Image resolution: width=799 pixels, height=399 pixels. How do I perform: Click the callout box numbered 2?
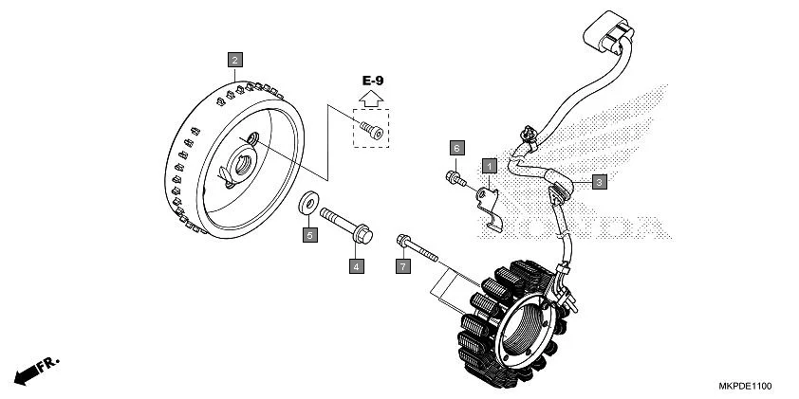coord(234,59)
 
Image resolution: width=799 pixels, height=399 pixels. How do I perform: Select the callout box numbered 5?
coord(309,234)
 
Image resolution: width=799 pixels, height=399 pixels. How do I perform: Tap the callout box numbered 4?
coord(357,266)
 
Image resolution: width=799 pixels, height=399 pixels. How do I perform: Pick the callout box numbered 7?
coord(402,267)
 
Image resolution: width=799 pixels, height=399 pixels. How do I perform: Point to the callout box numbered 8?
coord(456,149)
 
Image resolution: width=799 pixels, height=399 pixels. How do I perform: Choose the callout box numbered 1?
coord(490,166)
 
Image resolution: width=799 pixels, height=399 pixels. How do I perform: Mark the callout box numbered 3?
coord(599,182)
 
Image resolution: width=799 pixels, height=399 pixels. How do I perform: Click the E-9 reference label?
coord(372,81)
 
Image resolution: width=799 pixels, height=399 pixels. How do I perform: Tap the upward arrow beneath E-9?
coord(372,98)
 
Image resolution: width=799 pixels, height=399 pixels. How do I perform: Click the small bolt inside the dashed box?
coord(371,131)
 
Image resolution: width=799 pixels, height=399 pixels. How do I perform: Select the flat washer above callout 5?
coord(309,203)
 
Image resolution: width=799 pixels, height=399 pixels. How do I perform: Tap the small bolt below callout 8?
coord(455,177)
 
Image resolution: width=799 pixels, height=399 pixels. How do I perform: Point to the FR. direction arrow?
coord(35,370)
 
